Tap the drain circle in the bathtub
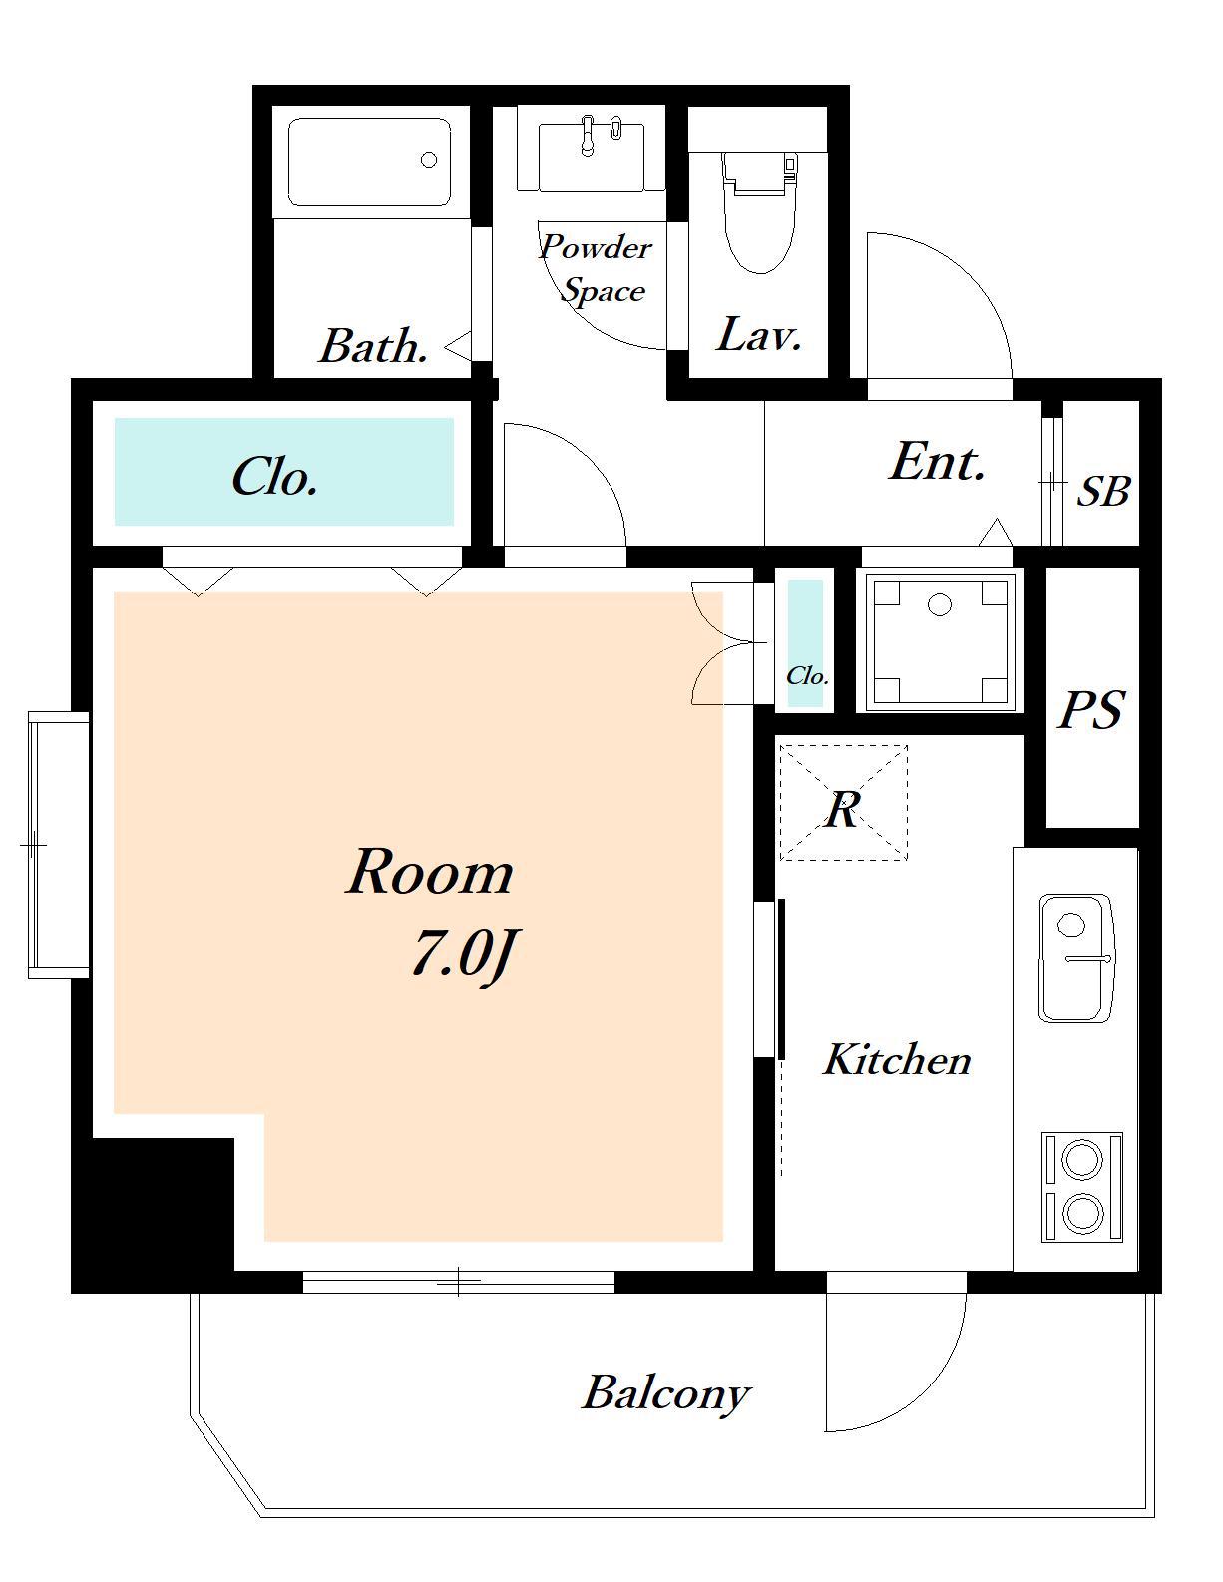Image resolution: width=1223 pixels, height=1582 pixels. pyautogui.click(x=429, y=160)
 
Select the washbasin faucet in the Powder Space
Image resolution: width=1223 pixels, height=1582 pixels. pyautogui.click(x=586, y=136)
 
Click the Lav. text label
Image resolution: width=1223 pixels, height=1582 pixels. pyautogui.click(x=759, y=335)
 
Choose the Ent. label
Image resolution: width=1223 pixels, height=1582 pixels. pyautogui.click(x=938, y=462)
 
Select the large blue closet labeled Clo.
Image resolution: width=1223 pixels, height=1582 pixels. pyautogui.click(x=284, y=471)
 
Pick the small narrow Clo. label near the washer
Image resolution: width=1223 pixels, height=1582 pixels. pyautogui.click(x=807, y=676)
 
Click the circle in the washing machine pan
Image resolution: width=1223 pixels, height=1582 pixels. pyautogui.click(x=940, y=604)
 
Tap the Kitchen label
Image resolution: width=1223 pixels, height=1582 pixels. pyautogui.click(x=897, y=1059)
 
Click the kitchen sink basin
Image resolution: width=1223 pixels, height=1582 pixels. pyautogui.click(x=1076, y=959)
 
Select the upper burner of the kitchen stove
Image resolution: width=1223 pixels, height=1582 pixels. pyautogui.click(x=1081, y=1157)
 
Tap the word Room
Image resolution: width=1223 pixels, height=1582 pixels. pyautogui.click(x=430, y=872)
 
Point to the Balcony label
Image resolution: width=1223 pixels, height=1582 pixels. pyautogui.click(x=666, y=1393)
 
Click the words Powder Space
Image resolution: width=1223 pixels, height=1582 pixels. pyautogui.click(x=596, y=268)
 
